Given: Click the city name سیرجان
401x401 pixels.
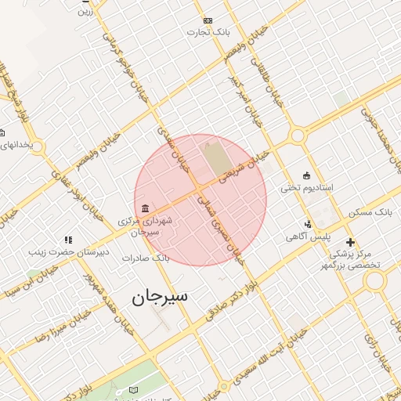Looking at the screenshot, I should (x=160, y=298).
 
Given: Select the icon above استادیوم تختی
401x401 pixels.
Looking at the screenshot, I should (x=306, y=175).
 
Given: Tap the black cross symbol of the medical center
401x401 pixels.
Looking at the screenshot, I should (x=350, y=242).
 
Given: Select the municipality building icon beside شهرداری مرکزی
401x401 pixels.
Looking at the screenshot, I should (x=145, y=208).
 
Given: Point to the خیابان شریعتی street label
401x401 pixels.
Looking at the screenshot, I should (x=244, y=167).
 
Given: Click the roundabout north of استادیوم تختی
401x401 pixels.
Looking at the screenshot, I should (x=298, y=136).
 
